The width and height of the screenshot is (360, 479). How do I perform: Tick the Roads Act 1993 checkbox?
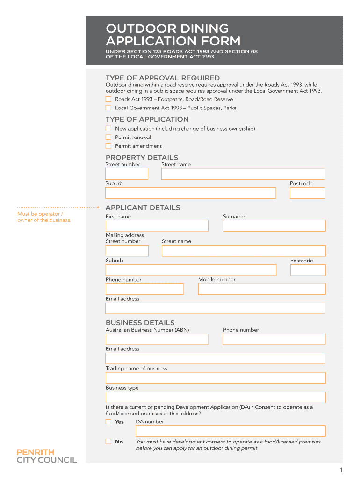point(108,99)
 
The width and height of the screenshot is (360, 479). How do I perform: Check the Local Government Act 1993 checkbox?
point(108,108)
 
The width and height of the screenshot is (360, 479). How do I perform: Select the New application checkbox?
point(108,128)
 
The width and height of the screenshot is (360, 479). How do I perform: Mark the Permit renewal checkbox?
point(108,137)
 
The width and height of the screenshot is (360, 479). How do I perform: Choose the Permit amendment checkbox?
point(108,146)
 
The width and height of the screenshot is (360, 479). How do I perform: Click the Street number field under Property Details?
point(127,174)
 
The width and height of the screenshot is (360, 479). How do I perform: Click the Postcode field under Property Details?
point(307,193)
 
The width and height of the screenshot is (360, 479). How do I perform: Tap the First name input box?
point(157,225)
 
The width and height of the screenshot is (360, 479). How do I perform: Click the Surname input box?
point(274,225)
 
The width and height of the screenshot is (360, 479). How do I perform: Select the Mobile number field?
point(262,289)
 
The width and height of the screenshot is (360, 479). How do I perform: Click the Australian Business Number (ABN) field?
point(157,339)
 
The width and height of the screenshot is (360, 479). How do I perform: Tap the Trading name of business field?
point(216,378)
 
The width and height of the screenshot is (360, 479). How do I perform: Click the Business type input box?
point(216,397)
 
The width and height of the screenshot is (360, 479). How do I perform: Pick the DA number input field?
point(230,431)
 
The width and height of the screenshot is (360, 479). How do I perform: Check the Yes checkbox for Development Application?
point(108,421)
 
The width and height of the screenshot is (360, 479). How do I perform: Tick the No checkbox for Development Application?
point(108,442)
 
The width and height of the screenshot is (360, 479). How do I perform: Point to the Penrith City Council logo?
point(47,456)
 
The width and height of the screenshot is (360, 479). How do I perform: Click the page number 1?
point(342,470)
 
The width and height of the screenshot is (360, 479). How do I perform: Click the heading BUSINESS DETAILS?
point(140,323)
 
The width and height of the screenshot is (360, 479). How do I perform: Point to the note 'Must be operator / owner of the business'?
point(44,217)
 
